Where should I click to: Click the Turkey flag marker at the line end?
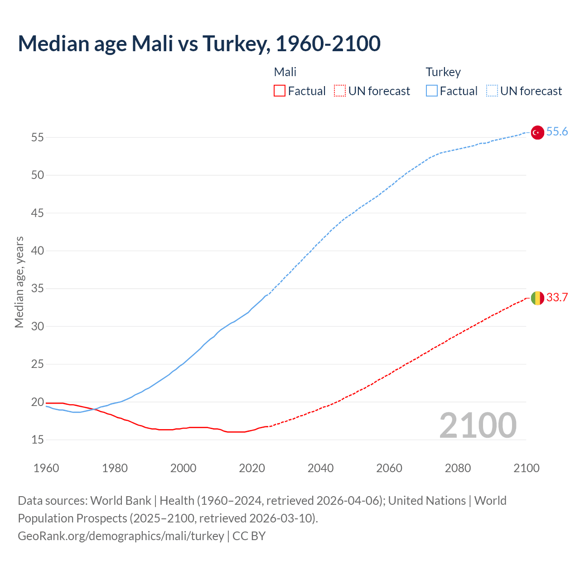pos(537,132)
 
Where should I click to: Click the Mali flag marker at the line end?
pos(537,298)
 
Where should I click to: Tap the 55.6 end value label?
pos(557,132)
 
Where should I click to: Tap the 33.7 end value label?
pos(557,298)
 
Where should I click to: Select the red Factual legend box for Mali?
pos(280,91)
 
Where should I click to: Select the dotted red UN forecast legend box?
pos(340,91)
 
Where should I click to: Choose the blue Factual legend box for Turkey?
pos(432,91)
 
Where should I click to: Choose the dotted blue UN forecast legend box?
pos(492,91)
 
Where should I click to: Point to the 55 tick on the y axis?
pos(38,137)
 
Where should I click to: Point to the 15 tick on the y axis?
pos(38,440)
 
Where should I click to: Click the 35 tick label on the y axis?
pos(38,289)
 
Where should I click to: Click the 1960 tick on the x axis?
pos(46,468)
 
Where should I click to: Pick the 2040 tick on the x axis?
pos(320,468)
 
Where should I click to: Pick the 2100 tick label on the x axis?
pos(527,468)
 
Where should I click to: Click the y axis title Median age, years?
pos(19,282)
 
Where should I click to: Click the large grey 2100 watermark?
pos(478,425)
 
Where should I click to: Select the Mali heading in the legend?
pos(285,72)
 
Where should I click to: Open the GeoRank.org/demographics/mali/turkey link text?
pos(121,536)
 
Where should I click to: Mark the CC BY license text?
pos(249,536)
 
